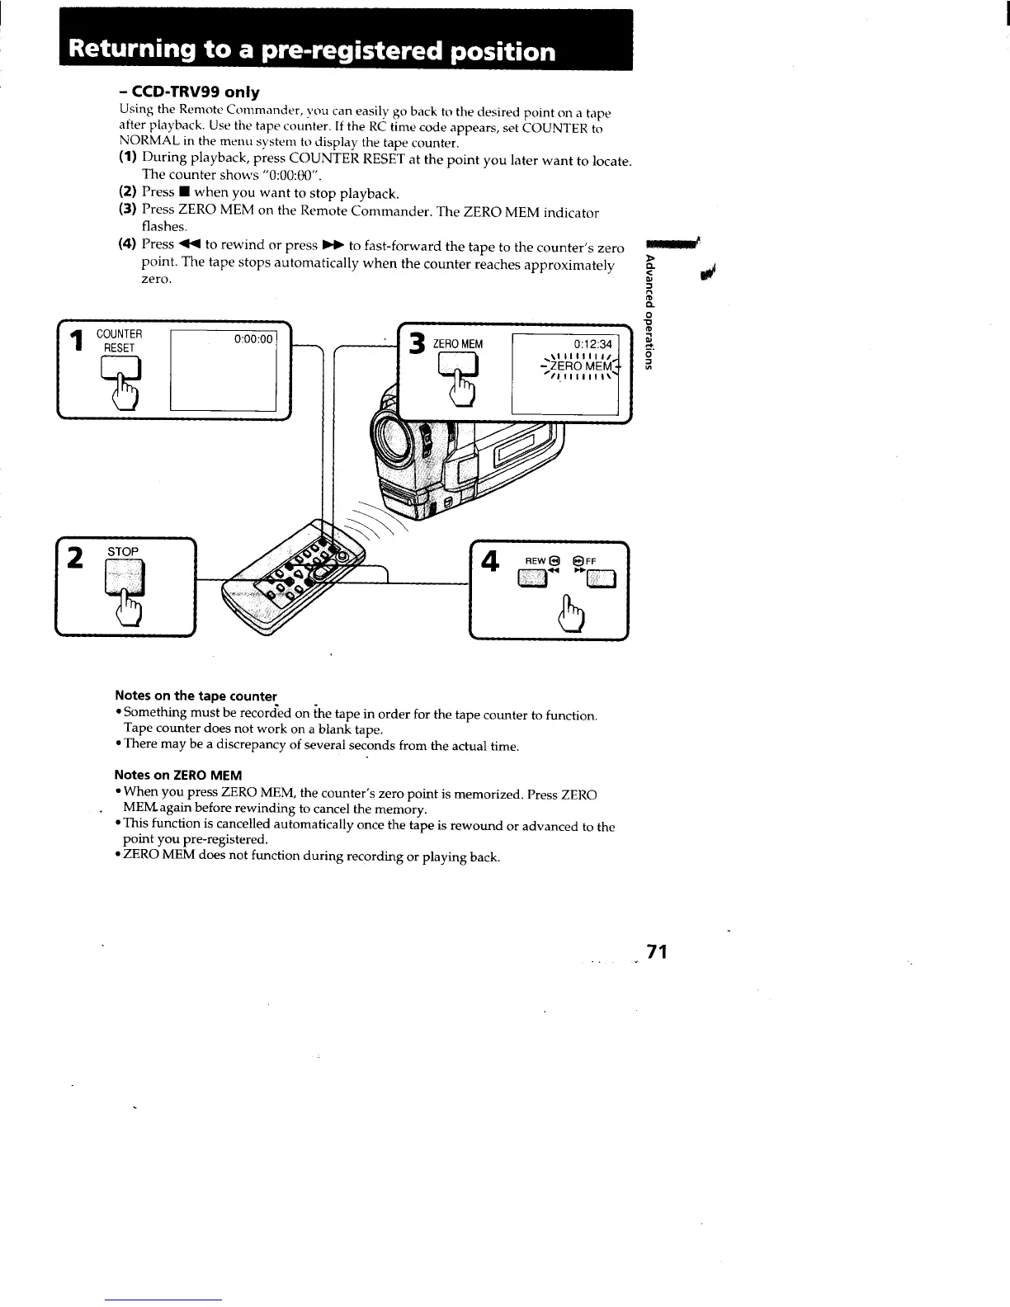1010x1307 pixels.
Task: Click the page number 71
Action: coord(657,952)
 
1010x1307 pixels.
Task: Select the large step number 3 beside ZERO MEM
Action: coord(418,343)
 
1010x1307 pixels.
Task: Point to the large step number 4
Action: coord(490,562)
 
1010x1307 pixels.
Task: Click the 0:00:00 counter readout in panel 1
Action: coord(252,339)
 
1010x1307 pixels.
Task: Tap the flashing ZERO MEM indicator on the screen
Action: coord(581,366)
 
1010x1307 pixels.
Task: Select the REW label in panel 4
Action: coord(536,560)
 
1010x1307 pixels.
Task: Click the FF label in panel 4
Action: coord(591,560)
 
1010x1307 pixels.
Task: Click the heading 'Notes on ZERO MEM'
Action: coord(178,775)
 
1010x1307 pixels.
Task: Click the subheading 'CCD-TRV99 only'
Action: coord(189,92)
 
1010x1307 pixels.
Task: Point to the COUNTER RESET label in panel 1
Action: coord(119,341)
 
